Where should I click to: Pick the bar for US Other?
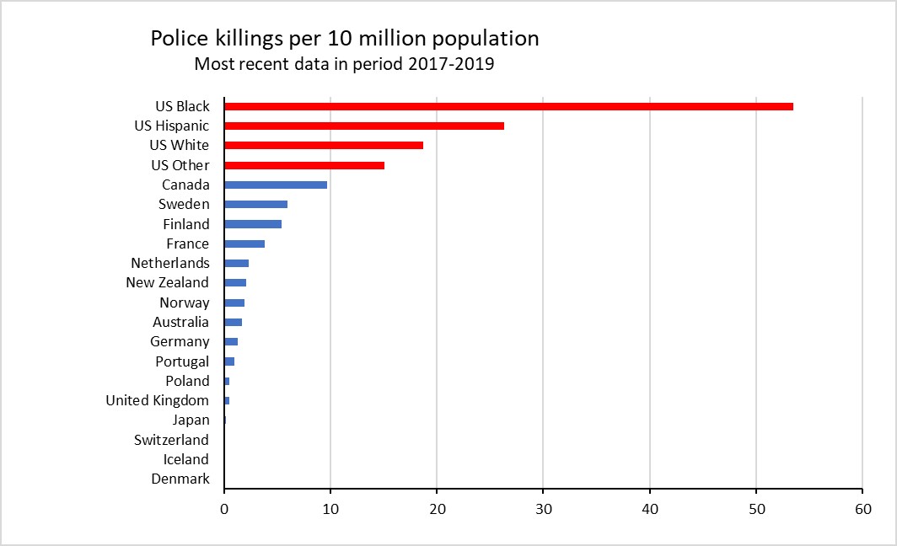click(304, 165)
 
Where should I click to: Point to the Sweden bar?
click(255, 204)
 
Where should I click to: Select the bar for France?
click(244, 244)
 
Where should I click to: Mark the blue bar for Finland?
click(253, 224)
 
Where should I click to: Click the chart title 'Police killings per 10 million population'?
click(344, 38)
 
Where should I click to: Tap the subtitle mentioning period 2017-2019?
click(344, 64)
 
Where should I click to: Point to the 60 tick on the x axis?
click(862, 509)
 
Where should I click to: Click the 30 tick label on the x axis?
click(543, 509)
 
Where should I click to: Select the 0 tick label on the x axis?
click(224, 509)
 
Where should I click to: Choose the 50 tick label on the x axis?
click(755, 509)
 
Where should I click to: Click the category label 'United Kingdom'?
click(157, 400)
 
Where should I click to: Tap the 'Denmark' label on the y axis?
click(180, 479)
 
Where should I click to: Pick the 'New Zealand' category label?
click(167, 282)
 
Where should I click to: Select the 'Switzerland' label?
click(171, 440)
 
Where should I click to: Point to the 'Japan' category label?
click(191, 420)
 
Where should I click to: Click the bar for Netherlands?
click(237, 263)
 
